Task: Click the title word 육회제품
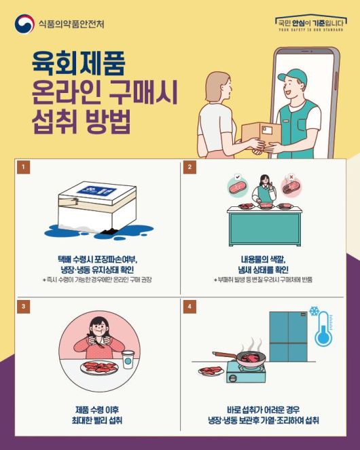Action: click(78, 66)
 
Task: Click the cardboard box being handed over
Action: click(260, 135)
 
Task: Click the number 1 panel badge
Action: click(24, 166)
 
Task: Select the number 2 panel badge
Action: click(191, 166)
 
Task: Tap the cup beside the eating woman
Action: click(128, 360)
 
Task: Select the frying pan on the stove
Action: click(251, 356)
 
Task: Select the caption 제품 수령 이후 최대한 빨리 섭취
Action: click(98, 415)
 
